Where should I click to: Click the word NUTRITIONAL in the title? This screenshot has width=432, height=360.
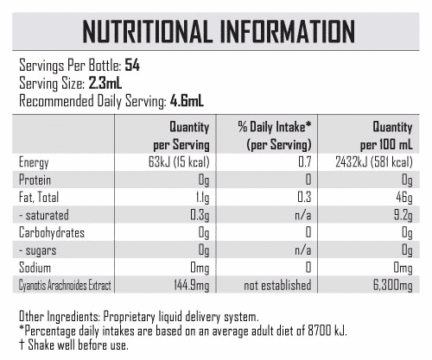[x=146, y=32]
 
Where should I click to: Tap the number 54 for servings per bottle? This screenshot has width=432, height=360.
[x=132, y=66]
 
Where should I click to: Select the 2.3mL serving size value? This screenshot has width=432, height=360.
[x=105, y=83]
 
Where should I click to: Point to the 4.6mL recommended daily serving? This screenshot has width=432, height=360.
[x=187, y=101]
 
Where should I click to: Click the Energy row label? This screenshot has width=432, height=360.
[x=34, y=163]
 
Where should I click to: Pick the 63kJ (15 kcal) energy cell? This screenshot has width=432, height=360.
[x=179, y=162]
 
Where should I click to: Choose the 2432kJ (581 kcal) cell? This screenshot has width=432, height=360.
[x=374, y=162]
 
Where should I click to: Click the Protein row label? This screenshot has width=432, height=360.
[x=35, y=180]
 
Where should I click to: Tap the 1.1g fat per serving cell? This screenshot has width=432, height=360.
[x=202, y=199]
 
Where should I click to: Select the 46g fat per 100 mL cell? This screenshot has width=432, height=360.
[x=404, y=198]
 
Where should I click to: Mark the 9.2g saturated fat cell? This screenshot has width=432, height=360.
[x=403, y=216]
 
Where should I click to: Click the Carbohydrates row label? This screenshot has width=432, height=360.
[x=52, y=233]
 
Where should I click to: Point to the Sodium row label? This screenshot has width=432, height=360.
[x=35, y=268]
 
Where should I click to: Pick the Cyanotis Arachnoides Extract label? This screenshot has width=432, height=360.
[x=65, y=286]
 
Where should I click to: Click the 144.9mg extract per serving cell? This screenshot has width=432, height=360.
[x=192, y=286]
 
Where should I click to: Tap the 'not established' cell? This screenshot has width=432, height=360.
[x=277, y=285]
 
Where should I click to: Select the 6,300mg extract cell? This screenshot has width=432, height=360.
[x=393, y=286]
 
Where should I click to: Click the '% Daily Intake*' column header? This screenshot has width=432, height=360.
[x=275, y=127]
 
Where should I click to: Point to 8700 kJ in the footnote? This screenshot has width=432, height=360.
[x=327, y=331]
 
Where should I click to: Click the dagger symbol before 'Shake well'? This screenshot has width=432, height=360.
[x=22, y=345]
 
